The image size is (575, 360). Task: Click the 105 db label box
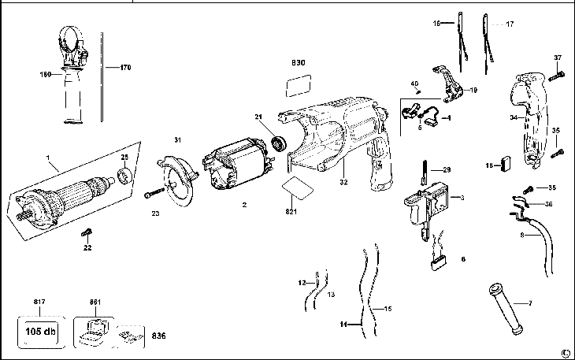[37, 328]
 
